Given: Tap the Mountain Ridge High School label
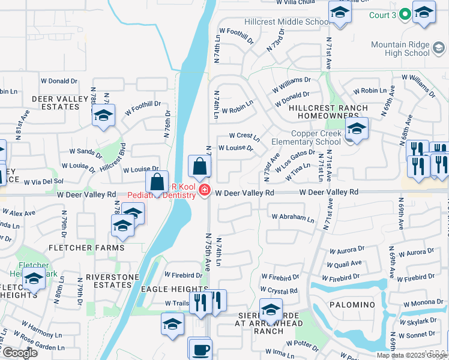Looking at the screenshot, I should [x=400, y=49].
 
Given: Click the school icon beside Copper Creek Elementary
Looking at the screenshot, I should [x=357, y=129].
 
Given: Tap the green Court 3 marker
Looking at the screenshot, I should [x=405, y=14].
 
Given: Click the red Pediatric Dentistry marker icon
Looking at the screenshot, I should [x=205, y=191].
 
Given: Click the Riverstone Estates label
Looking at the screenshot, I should [x=112, y=281].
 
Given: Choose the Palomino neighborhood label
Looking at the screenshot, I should [x=352, y=305].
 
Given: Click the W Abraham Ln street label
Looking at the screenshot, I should [x=292, y=218].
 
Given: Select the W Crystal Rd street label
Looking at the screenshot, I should [x=279, y=290].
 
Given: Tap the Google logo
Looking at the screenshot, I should [x=20, y=353].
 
